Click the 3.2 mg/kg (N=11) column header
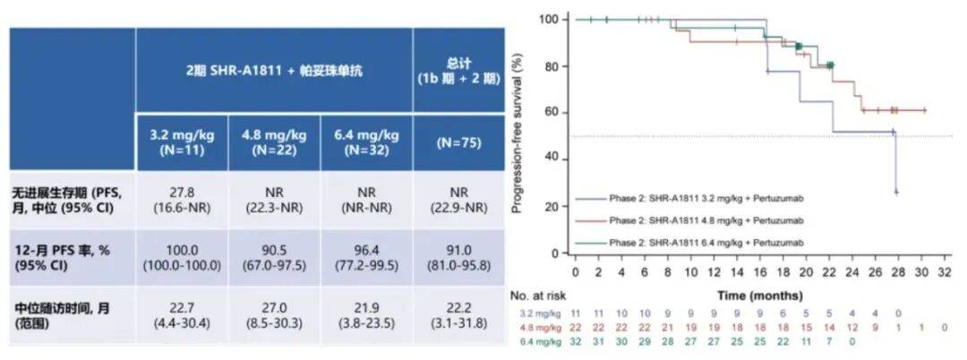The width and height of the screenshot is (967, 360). [182, 141]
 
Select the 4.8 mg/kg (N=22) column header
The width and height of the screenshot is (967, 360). [274, 141]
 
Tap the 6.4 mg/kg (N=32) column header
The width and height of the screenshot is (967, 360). [366, 141]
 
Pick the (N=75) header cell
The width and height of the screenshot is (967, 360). [459, 141]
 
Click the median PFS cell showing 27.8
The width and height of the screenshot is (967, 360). [182, 199]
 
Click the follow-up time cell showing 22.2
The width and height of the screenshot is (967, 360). [459, 313]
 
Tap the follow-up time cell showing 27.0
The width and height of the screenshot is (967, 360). [274, 313]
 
